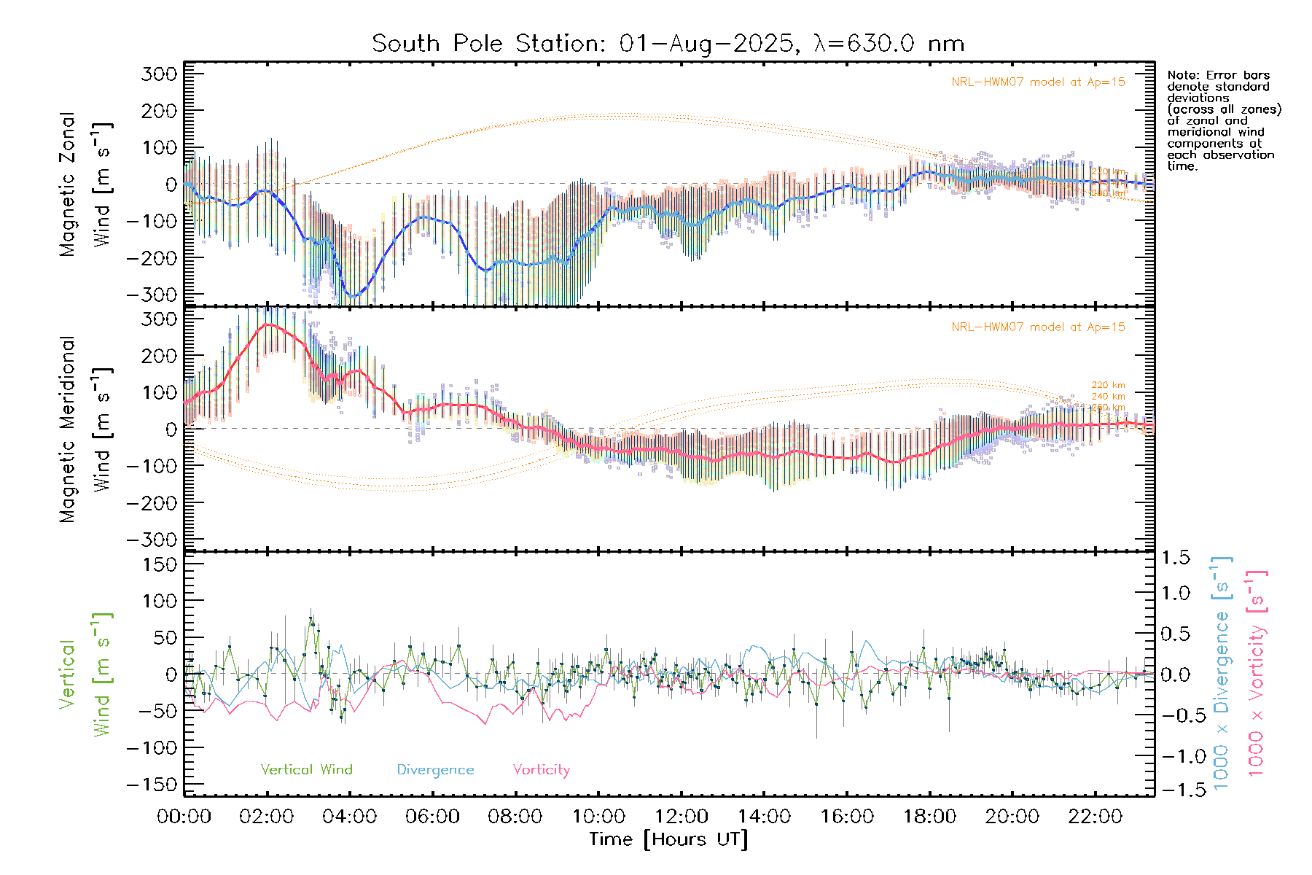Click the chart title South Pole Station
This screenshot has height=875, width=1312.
[668, 44]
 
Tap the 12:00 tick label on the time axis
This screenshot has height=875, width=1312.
[681, 817]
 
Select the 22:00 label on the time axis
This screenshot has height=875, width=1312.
[1095, 817]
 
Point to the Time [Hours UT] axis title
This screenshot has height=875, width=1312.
[668, 839]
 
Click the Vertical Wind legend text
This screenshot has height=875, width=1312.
[306, 770]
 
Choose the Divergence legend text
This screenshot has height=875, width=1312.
[435, 770]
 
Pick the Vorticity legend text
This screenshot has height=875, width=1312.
[541, 770]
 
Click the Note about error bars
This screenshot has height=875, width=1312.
[1223, 120]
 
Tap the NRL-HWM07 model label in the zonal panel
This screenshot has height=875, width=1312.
[1038, 82]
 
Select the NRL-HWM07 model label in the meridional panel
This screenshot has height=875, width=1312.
[1038, 327]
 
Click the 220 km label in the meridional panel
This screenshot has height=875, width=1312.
[1108, 385]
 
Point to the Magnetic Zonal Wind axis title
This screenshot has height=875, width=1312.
[86, 184]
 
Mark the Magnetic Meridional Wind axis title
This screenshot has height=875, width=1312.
[86, 429]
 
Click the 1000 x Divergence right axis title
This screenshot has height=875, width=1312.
[1222, 673]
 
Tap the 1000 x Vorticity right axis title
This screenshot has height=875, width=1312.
[1257, 673]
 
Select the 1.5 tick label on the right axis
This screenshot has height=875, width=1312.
[1175, 558]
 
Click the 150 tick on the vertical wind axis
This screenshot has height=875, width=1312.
[160, 564]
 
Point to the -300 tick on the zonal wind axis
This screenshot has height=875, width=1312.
[152, 295]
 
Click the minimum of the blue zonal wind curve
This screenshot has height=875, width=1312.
[354, 296]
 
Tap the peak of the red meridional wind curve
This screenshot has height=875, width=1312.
[268, 324]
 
